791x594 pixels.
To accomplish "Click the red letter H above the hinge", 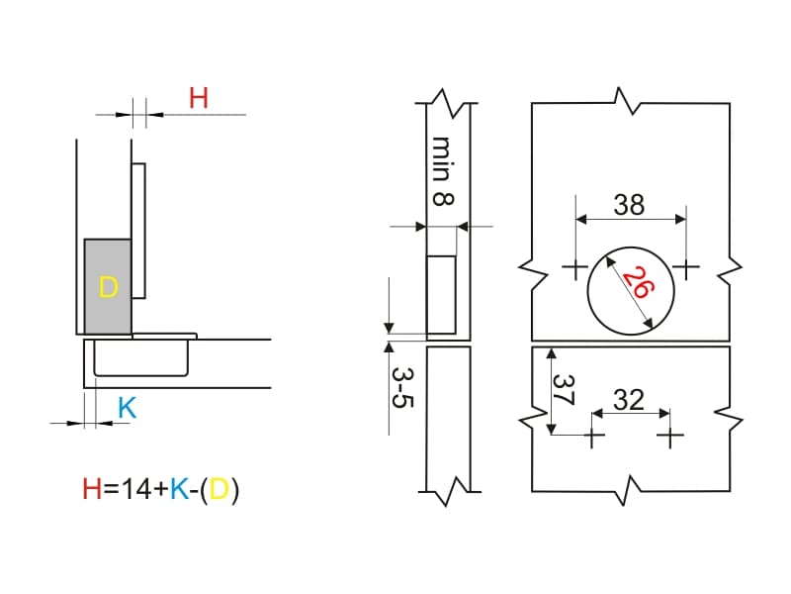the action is coord(199,98).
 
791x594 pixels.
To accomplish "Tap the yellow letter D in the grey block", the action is coord(108,287).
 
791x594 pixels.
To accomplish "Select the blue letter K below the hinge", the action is coord(127,408).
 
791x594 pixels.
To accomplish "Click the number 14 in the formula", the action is coord(136,489).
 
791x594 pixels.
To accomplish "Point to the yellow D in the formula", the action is coord(220,489).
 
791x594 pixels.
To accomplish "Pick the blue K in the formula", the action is coord(180,489).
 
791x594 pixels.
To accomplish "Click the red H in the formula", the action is coord(92,489).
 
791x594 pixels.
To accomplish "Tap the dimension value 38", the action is coord(629,205).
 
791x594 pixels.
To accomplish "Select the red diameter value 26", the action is coord(639,283).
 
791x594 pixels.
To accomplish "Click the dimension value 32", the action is coord(629,400).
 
